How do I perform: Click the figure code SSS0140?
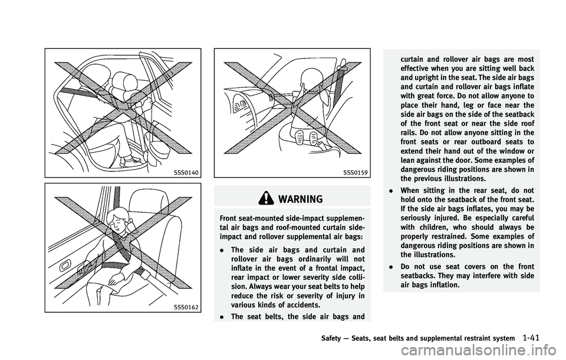pyautogui.click(x=186, y=173)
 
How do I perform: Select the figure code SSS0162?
pyautogui.click(x=186, y=308)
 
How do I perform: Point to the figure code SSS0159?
pyautogui.click(x=356, y=173)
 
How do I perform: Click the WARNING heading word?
pyautogui.click(x=301, y=199)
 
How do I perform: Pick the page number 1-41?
pyautogui.click(x=530, y=338)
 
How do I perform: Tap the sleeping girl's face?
pyautogui.click(x=120, y=224)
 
